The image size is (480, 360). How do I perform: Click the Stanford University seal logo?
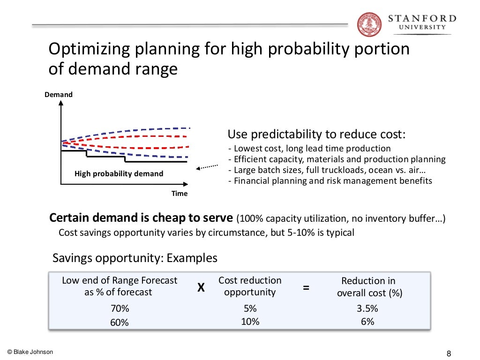pyautogui.click(x=369, y=24)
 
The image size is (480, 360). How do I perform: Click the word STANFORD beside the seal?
pyautogui.click(x=422, y=18)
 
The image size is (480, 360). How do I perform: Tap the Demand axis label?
pyautogui.click(x=59, y=95)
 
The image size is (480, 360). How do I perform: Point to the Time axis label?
pyautogui.click(x=179, y=194)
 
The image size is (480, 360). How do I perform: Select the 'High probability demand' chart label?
pyautogui.click(x=119, y=174)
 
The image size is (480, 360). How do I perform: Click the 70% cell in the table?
pyautogui.click(x=120, y=309)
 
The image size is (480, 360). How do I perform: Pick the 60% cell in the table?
pyautogui.click(x=120, y=322)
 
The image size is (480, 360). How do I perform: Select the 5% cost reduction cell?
pyautogui.click(x=250, y=309)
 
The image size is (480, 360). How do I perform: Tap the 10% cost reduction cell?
pyautogui.click(x=250, y=322)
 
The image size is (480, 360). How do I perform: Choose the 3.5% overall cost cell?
pyautogui.click(x=367, y=309)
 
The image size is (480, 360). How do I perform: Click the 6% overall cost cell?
pyautogui.click(x=367, y=322)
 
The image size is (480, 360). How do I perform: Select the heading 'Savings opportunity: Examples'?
pyautogui.click(x=135, y=258)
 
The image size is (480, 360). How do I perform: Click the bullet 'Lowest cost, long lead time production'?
pyautogui.click(x=309, y=149)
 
